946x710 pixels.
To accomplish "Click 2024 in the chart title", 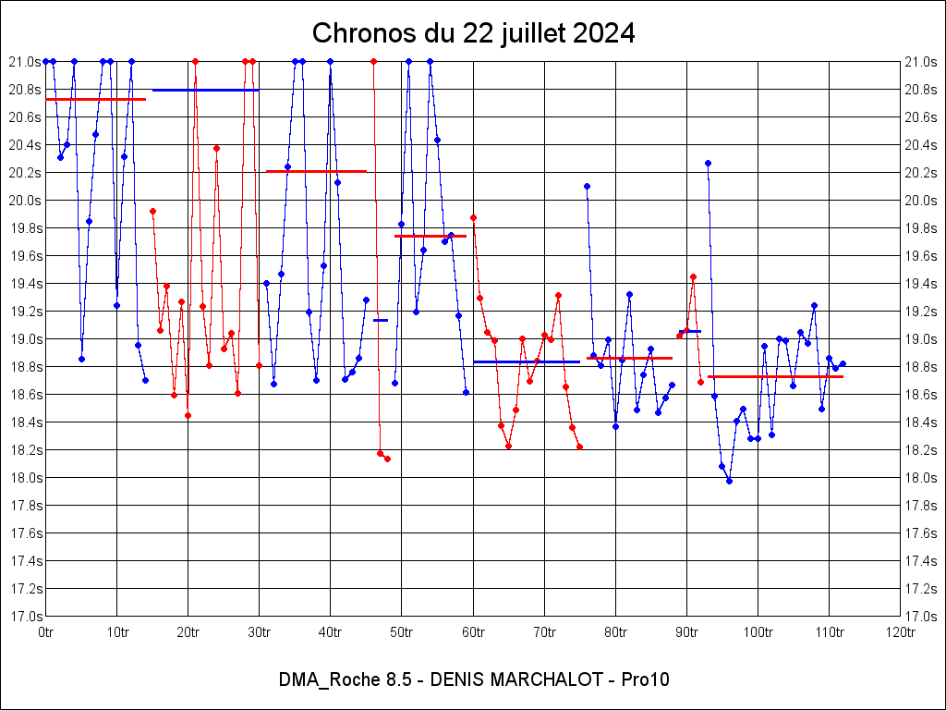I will click(603, 33).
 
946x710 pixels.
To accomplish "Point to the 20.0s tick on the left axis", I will click(25, 201).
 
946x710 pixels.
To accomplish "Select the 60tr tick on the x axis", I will click(473, 632).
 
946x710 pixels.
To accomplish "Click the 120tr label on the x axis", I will click(900, 632).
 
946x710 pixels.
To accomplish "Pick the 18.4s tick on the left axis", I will click(25, 422).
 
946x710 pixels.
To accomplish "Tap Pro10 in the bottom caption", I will click(646, 679).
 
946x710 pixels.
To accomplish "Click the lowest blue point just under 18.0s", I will click(729, 481).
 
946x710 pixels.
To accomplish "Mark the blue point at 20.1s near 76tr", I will click(587, 186).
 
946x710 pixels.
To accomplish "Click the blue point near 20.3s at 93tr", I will click(708, 163).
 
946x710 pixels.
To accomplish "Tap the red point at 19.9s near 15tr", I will click(152, 211).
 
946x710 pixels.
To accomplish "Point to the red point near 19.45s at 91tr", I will click(693, 276).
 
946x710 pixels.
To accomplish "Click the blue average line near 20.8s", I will click(205, 90).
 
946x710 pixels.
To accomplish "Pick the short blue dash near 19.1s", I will click(381, 320).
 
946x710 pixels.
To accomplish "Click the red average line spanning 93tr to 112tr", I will click(775, 376).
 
